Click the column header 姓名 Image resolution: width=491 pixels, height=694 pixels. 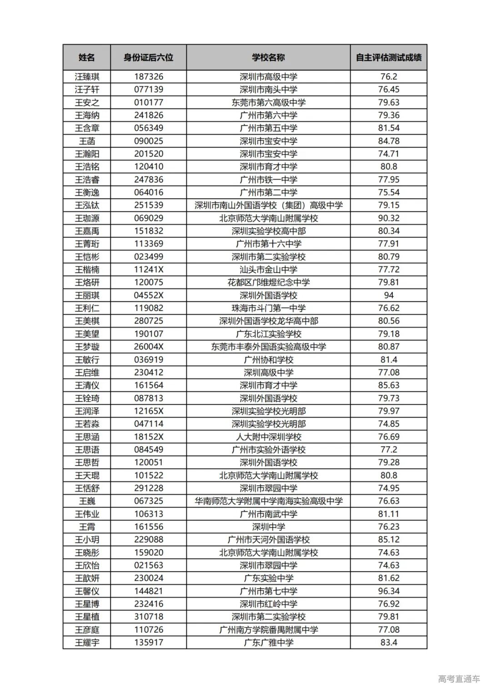pos(86,57)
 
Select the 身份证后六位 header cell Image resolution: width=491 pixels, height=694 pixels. pos(148,57)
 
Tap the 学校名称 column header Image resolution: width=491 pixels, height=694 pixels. pos(268,57)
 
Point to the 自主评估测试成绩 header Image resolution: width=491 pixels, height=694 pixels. pos(388,57)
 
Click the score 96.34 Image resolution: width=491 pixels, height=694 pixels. pos(389,591)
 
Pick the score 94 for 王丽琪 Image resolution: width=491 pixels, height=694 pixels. pos(389,295)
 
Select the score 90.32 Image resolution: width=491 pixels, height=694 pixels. pos(389,218)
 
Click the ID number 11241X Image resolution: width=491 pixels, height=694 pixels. pos(148,270)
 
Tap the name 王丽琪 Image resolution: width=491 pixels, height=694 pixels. pos(87,295)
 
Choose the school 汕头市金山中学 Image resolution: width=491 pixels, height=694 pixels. pos(268,270)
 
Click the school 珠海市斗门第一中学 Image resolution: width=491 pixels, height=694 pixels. pos(268,308)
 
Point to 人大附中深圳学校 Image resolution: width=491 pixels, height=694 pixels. pos(268,437)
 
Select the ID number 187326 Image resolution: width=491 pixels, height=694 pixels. pos(148,76)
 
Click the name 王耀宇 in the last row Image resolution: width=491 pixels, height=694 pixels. pos(87,642)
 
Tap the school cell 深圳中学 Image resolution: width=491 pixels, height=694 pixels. pos(268,527)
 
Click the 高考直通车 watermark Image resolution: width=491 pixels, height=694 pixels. pos(459,679)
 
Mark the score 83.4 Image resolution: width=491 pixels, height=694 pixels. pos(389,642)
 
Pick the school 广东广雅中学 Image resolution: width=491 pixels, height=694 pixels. pos(268,642)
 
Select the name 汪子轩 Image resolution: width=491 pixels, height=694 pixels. pos(87,90)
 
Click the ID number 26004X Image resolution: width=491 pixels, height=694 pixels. pos(148,346)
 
